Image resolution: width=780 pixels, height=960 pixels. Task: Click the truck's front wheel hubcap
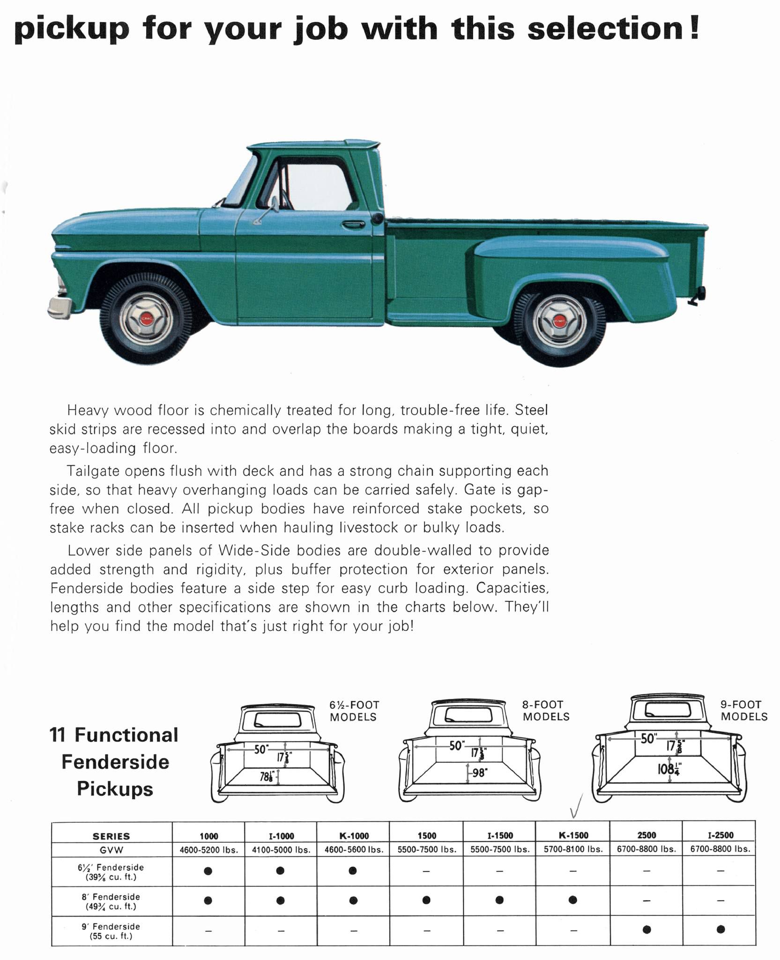[146, 319]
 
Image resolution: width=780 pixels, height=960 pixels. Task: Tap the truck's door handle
[354, 225]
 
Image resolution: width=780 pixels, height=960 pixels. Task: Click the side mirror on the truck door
[274, 204]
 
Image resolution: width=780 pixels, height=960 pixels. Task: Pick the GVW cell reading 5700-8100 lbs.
[573, 848]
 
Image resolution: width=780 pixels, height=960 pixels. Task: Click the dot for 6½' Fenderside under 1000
[208, 870]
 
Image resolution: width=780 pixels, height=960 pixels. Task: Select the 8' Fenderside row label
[111, 901]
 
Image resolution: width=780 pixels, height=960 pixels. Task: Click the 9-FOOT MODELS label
[743, 710]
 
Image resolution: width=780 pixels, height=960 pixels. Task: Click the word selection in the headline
[605, 28]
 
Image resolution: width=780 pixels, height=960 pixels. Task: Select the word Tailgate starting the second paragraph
[92, 471]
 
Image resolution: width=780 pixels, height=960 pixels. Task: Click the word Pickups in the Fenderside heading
[115, 788]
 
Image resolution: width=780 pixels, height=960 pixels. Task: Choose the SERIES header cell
[111, 835]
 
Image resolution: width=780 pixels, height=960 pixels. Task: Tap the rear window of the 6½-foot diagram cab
[278, 720]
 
